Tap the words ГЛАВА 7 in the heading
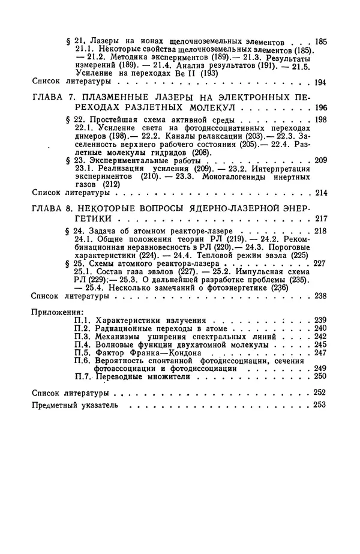tap(49, 96)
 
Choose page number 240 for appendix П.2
tap(320, 329)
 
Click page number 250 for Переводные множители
tap(320, 376)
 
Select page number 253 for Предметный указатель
tap(320, 405)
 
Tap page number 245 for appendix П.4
tap(320, 345)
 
